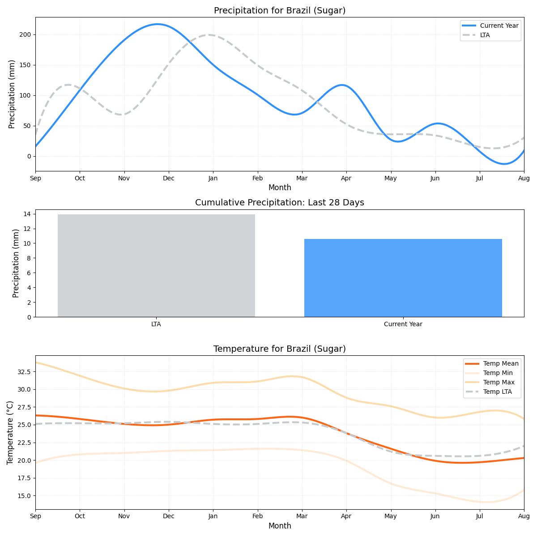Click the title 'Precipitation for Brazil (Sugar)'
tap(280, 11)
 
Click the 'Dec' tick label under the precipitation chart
tap(169, 178)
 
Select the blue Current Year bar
tap(403, 277)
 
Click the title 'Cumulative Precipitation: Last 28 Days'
tap(280, 203)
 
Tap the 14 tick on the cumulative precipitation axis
tap(27, 214)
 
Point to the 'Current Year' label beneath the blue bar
tap(403, 324)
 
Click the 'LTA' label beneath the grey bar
tap(156, 324)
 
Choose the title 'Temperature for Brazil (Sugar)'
tap(280, 349)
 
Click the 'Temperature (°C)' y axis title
tap(10, 432)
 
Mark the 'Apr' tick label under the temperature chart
tap(346, 516)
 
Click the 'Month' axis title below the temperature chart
tap(280, 526)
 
